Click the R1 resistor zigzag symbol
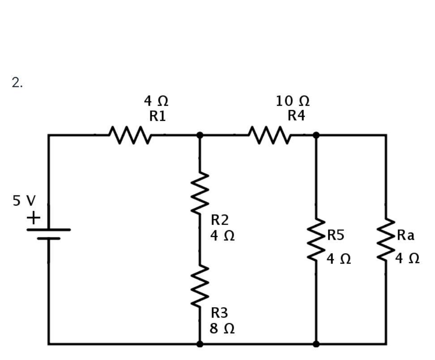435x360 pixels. [130, 135]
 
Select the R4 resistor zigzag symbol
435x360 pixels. [269, 135]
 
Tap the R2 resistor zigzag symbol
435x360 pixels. [200, 194]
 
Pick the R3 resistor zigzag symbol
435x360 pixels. [200, 286]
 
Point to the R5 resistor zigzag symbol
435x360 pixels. [316, 240]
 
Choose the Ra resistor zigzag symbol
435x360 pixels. [386, 240]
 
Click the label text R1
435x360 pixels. [158, 116]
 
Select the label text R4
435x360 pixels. [296, 116]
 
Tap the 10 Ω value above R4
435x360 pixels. [292, 101]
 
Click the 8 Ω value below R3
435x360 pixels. [222, 329]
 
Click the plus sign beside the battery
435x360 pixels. [34, 218]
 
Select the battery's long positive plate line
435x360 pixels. [48, 230]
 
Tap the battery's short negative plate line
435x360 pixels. [48, 238]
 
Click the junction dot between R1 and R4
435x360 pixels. [200, 135]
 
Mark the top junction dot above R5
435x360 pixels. [316, 135]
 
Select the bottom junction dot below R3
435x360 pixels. [200, 344]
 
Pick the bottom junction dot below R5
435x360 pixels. [316, 344]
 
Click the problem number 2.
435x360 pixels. [17, 83]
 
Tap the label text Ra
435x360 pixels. [405, 235]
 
